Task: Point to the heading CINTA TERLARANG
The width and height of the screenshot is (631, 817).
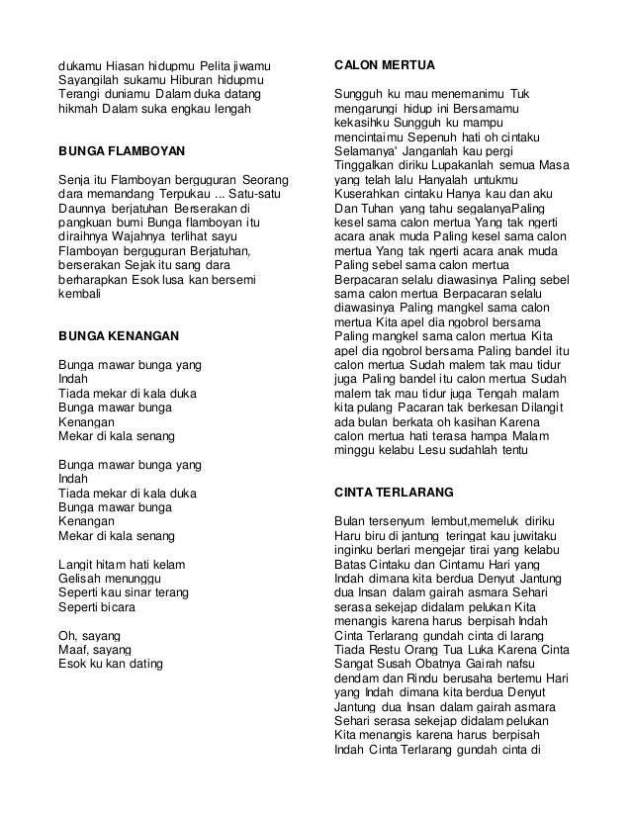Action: [395, 491]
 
